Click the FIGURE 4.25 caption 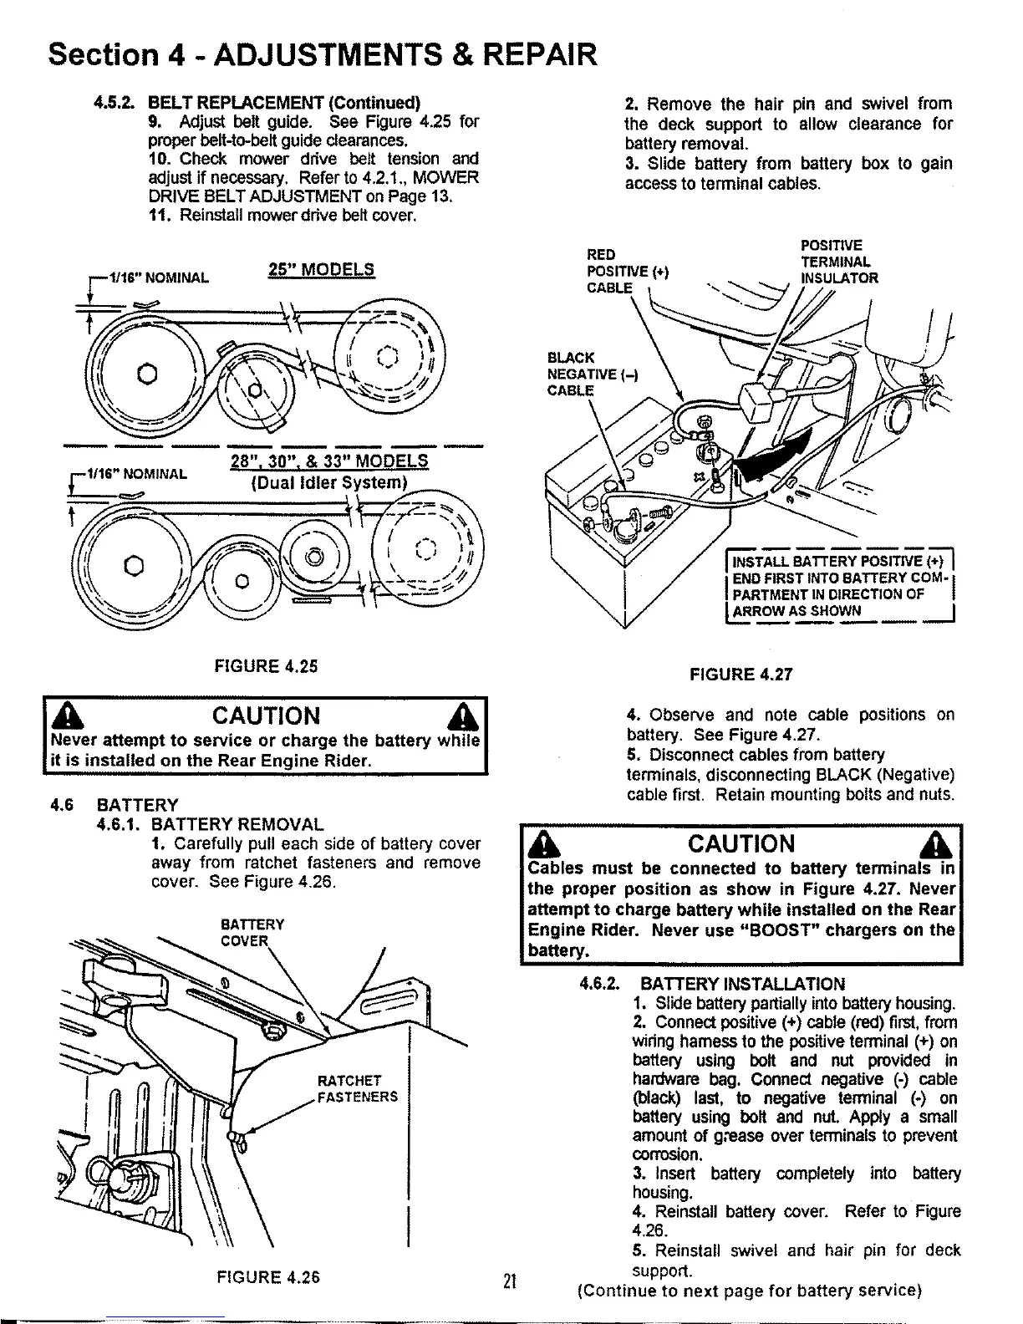click(267, 666)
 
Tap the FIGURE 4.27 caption click(740, 675)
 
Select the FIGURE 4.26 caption click(268, 1276)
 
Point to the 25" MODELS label click(321, 270)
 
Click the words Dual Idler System click(328, 483)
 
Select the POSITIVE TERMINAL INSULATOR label click(838, 262)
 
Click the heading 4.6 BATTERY click(115, 805)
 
